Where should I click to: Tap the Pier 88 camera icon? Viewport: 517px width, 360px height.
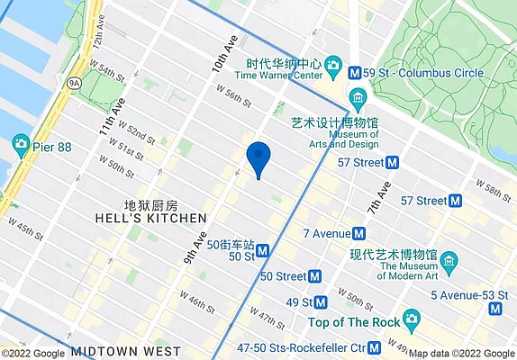click(x=20, y=144)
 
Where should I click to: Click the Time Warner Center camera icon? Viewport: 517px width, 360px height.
click(x=333, y=66)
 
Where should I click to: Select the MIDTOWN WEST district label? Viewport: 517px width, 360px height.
click(x=126, y=351)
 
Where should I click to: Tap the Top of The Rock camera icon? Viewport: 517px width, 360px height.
click(x=411, y=319)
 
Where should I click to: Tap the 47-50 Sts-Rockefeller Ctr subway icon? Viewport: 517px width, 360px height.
click(x=399, y=346)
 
